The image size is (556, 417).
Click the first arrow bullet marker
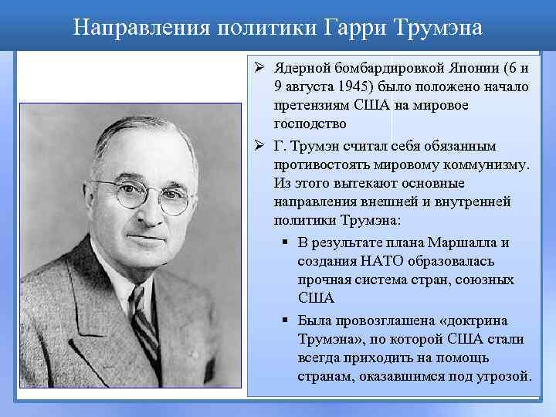(x=261, y=67)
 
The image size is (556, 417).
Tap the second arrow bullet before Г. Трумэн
(x=261, y=146)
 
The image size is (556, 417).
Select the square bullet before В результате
(x=285, y=243)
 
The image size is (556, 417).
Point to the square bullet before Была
(x=285, y=320)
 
